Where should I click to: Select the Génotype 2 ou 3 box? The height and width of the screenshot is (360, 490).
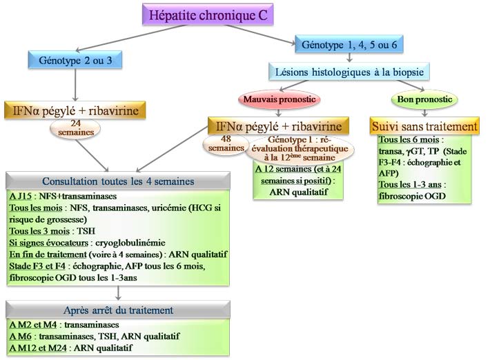[76, 60]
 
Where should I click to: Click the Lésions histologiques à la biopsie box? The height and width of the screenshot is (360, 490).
[350, 71]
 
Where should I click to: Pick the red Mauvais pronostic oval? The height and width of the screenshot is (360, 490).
[277, 99]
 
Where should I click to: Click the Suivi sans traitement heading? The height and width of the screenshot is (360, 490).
[424, 127]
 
